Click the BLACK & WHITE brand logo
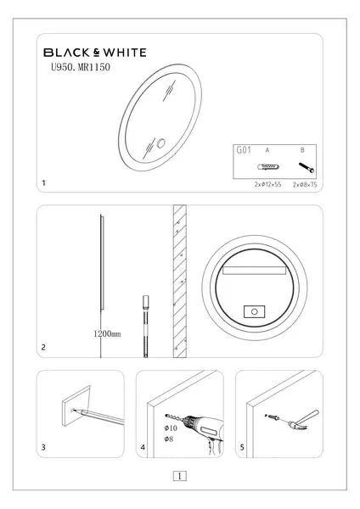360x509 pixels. coord(95,53)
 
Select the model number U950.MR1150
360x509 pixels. coord(81,67)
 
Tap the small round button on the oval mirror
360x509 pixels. coord(160,143)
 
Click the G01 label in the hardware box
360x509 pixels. coord(244,150)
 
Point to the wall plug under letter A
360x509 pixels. coord(268,167)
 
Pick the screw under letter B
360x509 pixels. coord(307,168)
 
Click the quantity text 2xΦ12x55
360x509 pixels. coord(267,184)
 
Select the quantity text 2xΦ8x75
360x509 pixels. coord(305,185)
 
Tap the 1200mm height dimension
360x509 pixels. coord(107,333)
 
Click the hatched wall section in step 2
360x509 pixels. coord(180,281)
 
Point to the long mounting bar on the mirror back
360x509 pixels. coord(254,271)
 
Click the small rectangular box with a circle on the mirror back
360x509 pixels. coord(255,311)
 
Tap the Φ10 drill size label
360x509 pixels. coord(171,428)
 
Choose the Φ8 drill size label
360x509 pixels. coord(169,439)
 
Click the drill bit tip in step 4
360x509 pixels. coord(166,415)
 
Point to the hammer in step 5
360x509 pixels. coord(303,420)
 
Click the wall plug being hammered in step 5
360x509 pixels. coord(273,417)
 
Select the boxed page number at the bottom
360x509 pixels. coord(180,476)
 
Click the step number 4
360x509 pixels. coord(143,447)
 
